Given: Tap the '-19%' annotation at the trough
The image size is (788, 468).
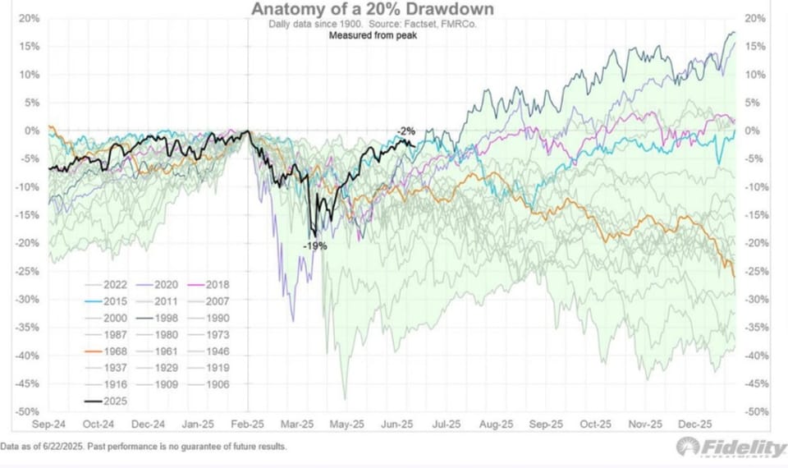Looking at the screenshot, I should (x=314, y=245).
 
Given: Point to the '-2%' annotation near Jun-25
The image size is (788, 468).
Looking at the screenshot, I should (x=406, y=131).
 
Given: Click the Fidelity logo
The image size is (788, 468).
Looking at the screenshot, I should (x=731, y=447).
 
